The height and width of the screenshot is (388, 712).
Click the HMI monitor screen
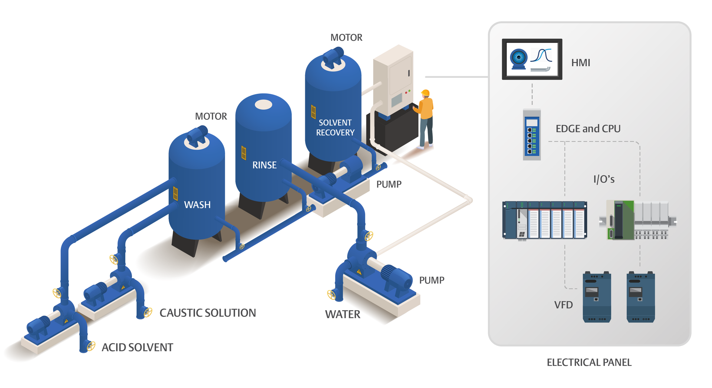click(532, 59)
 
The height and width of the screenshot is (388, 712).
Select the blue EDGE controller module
click(532, 135)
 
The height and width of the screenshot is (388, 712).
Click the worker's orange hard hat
click(425, 93)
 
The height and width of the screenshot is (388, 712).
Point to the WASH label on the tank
click(197, 205)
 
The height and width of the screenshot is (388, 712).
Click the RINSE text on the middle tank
click(264, 165)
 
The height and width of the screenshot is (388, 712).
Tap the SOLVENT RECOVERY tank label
click(335, 127)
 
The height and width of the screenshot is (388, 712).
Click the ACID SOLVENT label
click(137, 347)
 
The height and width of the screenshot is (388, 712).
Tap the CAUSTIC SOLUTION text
click(208, 313)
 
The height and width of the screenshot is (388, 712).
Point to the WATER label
click(343, 314)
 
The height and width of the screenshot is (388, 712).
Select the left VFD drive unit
click(597, 297)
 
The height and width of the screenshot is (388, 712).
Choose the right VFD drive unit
click(640, 297)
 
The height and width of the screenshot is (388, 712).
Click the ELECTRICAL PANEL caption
click(589, 362)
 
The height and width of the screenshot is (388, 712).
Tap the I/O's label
click(604, 179)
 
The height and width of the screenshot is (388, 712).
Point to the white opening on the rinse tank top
click(264, 105)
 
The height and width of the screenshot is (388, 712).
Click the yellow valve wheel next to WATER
click(331, 295)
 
